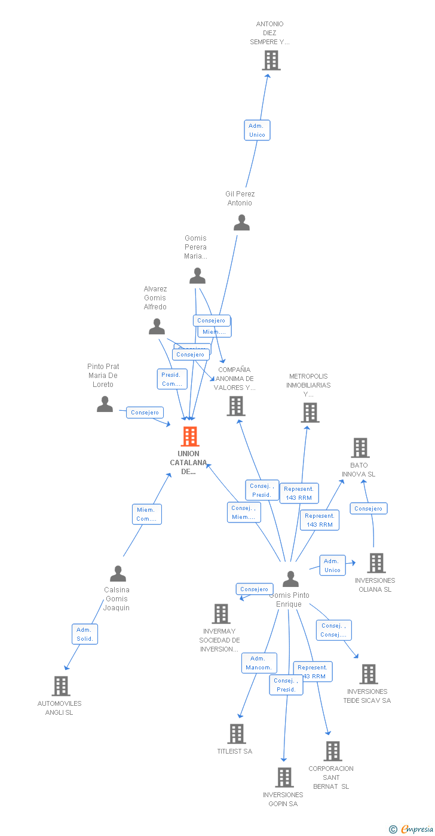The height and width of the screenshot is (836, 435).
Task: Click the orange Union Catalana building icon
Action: pyautogui.click(x=189, y=437)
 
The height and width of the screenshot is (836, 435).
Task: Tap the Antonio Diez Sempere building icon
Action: pyautogui.click(x=271, y=60)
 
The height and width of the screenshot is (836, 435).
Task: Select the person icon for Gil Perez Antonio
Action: pyautogui.click(x=241, y=223)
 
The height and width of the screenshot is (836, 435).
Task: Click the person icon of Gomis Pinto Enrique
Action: pyautogui.click(x=290, y=579)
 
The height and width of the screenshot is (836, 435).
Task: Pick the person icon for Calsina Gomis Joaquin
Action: pyautogui.click(x=118, y=574)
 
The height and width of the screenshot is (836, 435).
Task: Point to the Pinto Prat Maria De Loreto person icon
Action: pyautogui.click(x=105, y=404)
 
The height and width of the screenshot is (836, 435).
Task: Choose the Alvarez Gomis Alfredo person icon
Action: pyautogui.click(x=157, y=327)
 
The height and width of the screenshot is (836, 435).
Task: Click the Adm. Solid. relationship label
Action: pyautogui.click(x=84, y=634)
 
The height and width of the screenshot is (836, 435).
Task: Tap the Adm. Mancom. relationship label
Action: pyautogui.click(x=259, y=663)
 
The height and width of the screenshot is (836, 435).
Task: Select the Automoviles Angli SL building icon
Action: pyautogui.click(x=60, y=686)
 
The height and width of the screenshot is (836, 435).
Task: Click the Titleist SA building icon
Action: pyautogui.click(x=237, y=734)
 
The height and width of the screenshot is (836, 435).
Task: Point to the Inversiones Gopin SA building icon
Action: pyautogui.click(x=284, y=777)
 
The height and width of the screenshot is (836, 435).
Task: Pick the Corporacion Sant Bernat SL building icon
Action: pyautogui.click(x=332, y=751)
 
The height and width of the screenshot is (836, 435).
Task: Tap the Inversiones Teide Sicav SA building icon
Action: pyautogui.click(x=368, y=674)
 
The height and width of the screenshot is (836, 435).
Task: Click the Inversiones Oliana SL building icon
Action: pyautogui.click(x=376, y=563)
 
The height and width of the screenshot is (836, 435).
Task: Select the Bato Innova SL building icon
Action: pyautogui.click(x=360, y=448)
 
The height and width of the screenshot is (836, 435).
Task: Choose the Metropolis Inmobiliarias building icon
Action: pyautogui.click(x=310, y=413)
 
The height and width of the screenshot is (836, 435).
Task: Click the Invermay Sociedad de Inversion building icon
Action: pyautogui.click(x=221, y=614)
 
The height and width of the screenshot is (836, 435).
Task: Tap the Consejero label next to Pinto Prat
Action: pyautogui.click(x=145, y=413)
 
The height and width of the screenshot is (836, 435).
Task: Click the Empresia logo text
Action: pyautogui.click(x=416, y=829)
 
